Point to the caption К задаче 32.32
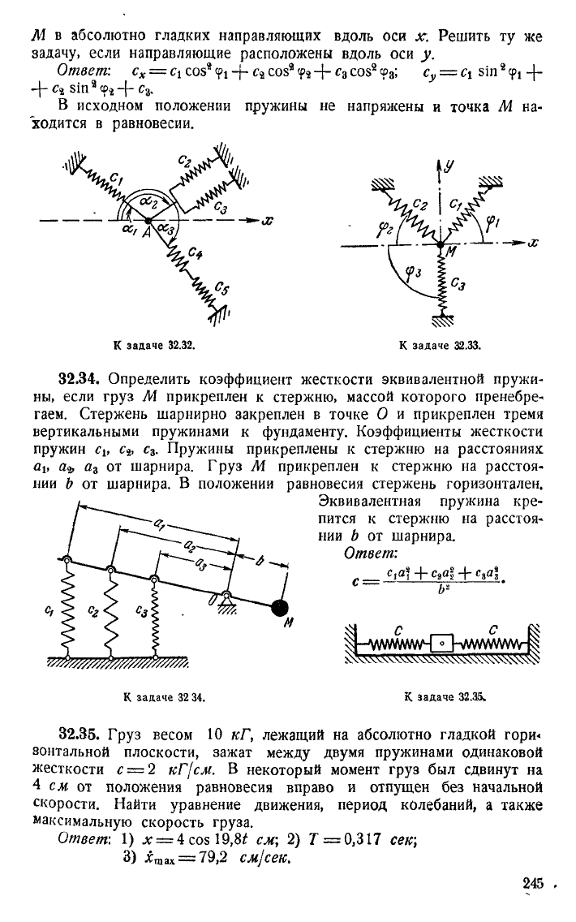155,346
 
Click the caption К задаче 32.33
441,346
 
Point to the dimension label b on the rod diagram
260,560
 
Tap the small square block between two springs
441,643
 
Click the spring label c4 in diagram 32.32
196,253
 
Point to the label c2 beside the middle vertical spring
92,611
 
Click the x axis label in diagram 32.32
268,221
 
